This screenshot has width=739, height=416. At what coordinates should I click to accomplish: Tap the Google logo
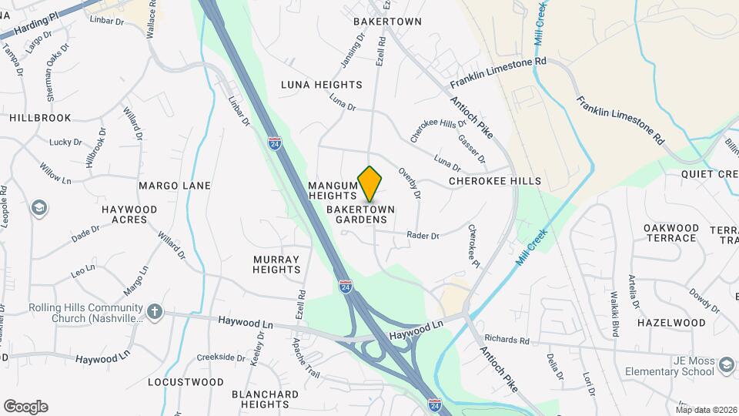tap(25, 407)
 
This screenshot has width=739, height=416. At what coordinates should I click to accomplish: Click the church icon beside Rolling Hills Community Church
tap(155, 312)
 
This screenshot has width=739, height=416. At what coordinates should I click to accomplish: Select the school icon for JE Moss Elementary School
tap(725, 364)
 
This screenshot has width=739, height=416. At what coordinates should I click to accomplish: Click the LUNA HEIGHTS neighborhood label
tap(321, 85)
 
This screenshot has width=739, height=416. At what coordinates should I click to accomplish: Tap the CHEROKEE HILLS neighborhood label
tap(496, 181)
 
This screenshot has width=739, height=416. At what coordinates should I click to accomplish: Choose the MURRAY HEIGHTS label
tap(276, 264)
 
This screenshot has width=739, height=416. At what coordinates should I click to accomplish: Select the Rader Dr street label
tap(423, 236)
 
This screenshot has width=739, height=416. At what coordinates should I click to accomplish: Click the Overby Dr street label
tap(410, 183)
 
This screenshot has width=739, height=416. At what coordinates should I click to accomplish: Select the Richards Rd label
tap(507, 340)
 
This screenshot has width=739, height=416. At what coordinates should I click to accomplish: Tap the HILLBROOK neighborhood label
tap(40, 118)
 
